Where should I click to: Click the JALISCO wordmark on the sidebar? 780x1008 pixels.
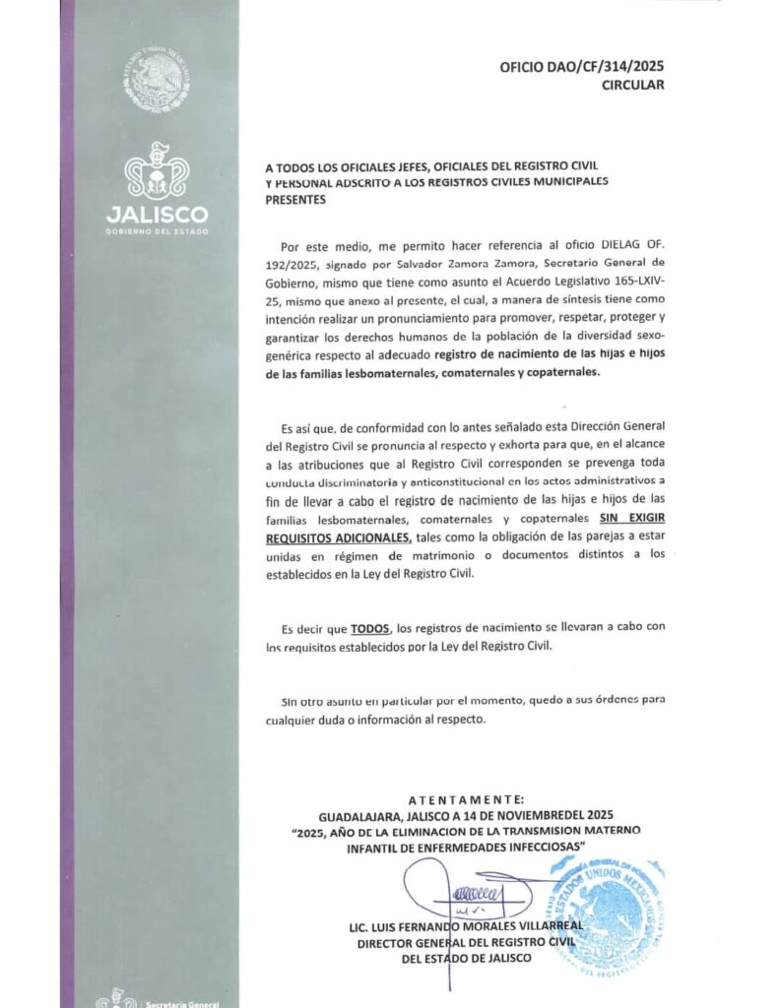[157, 215]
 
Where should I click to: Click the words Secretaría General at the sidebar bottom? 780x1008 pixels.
[177, 1002]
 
